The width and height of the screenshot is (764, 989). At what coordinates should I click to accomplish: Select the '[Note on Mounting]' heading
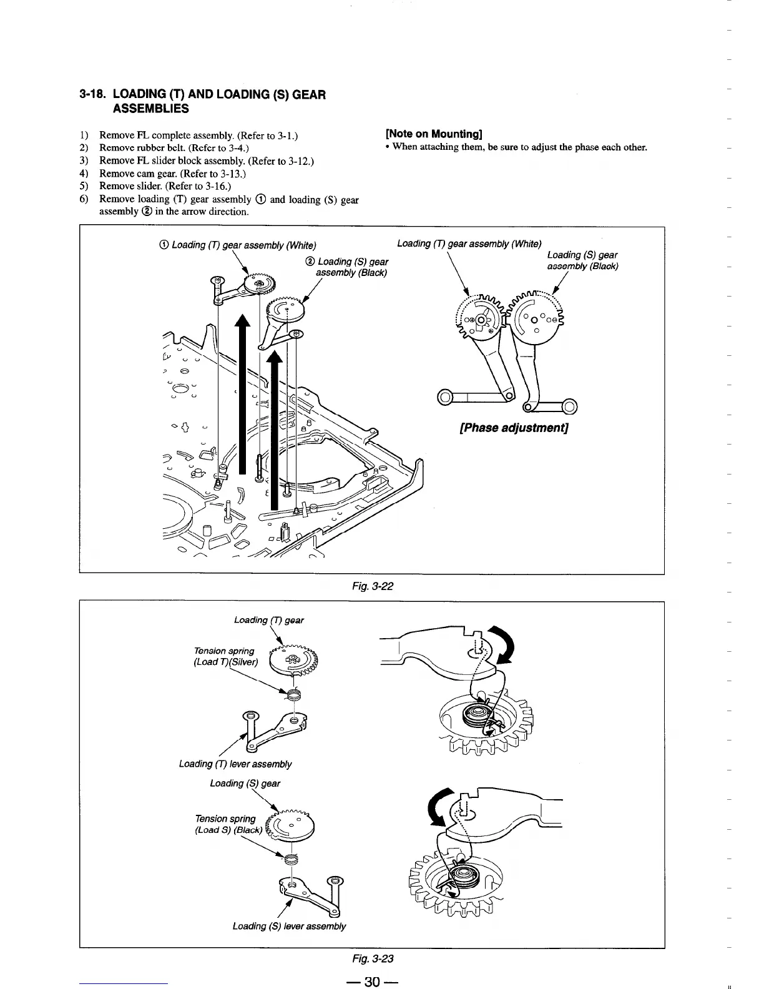[x=434, y=134]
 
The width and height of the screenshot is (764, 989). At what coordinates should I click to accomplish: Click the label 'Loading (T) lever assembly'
[x=235, y=764]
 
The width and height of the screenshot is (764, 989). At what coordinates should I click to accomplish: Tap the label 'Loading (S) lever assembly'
[x=289, y=925]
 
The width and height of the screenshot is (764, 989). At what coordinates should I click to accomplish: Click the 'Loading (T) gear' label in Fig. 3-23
[x=268, y=620]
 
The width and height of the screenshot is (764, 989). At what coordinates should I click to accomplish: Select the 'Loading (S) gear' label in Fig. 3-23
[x=245, y=783]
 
